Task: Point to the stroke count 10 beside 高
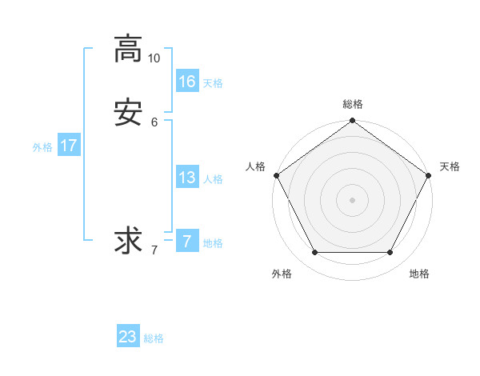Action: tap(154, 58)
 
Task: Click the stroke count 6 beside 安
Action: tap(154, 122)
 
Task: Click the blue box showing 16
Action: tap(187, 81)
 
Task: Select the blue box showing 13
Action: tap(187, 178)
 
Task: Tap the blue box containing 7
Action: tap(187, 241)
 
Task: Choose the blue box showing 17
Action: tap(68, 146)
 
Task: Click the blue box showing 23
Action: tap(128, 337)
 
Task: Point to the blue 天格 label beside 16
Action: tap(213, 83)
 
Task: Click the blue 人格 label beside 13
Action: tap(213, 179)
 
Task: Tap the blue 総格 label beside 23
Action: tap(154, 338)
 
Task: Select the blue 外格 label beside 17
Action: tap(42, 147)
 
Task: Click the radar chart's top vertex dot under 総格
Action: tap(353, 121)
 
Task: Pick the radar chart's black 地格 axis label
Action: tap(419, 274)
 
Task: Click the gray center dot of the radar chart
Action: tap(353, 199)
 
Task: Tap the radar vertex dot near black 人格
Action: tap(277, 175)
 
